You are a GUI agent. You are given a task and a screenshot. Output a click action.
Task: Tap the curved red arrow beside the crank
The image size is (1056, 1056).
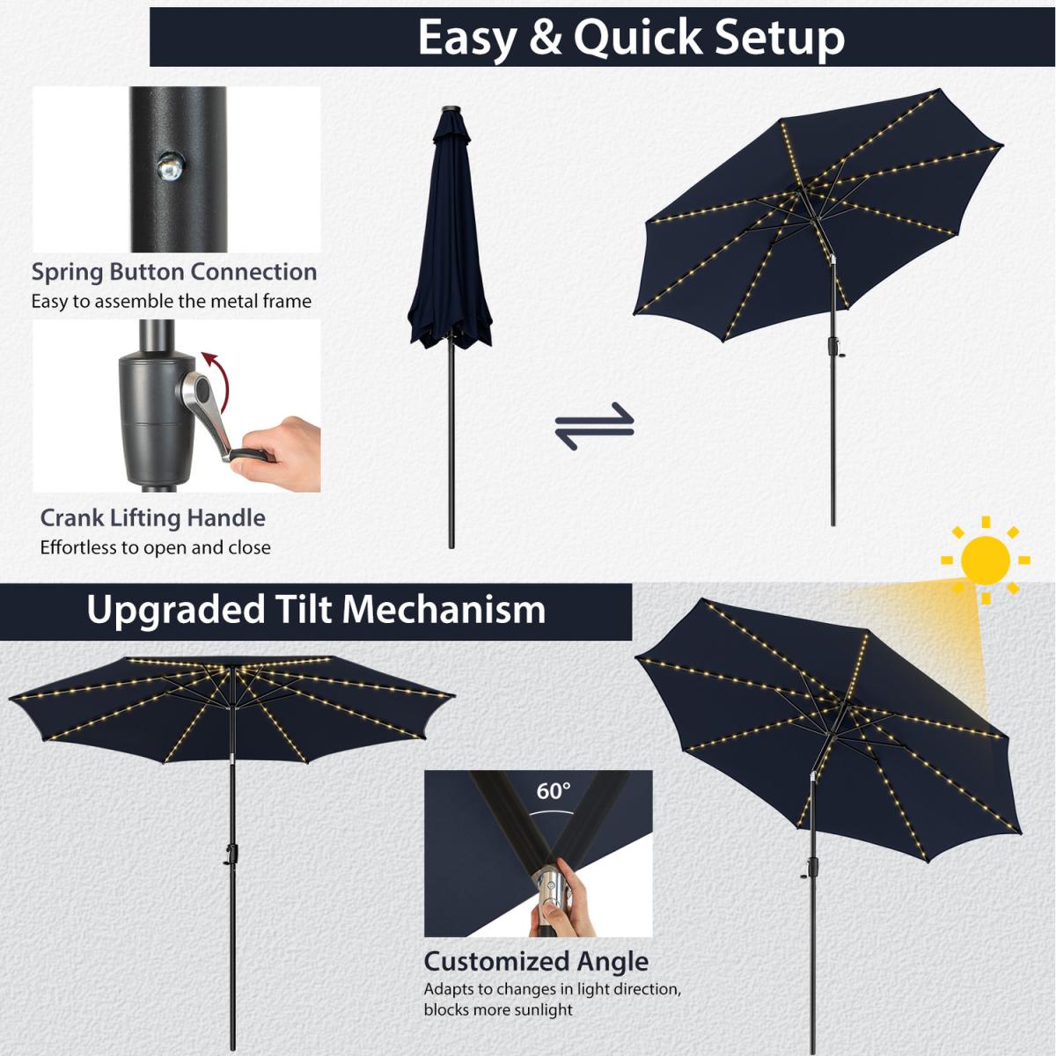[x=218, y=383]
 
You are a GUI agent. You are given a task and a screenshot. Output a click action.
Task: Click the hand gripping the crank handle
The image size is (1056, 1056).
[x=277, y=454]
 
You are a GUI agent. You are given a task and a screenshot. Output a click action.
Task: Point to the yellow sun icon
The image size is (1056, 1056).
[x=986, y=560]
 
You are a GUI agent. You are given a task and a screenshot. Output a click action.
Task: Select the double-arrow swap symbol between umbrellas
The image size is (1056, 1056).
[x=595, y=426]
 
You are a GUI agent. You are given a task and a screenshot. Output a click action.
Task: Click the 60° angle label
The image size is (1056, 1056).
[x=553, y=791]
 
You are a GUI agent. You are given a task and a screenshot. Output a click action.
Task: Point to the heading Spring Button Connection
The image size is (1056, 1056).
[x=174, y=272]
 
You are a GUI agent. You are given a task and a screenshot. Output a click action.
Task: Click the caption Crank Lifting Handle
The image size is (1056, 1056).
[x=153, y=518]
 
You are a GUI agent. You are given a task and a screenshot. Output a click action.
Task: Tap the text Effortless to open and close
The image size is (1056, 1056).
[x=156, y=547]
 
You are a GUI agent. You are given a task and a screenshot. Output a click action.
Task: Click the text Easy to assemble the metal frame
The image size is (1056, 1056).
[x=172, y=302]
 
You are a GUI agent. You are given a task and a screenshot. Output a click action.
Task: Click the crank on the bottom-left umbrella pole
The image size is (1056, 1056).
[x=231, y=854]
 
